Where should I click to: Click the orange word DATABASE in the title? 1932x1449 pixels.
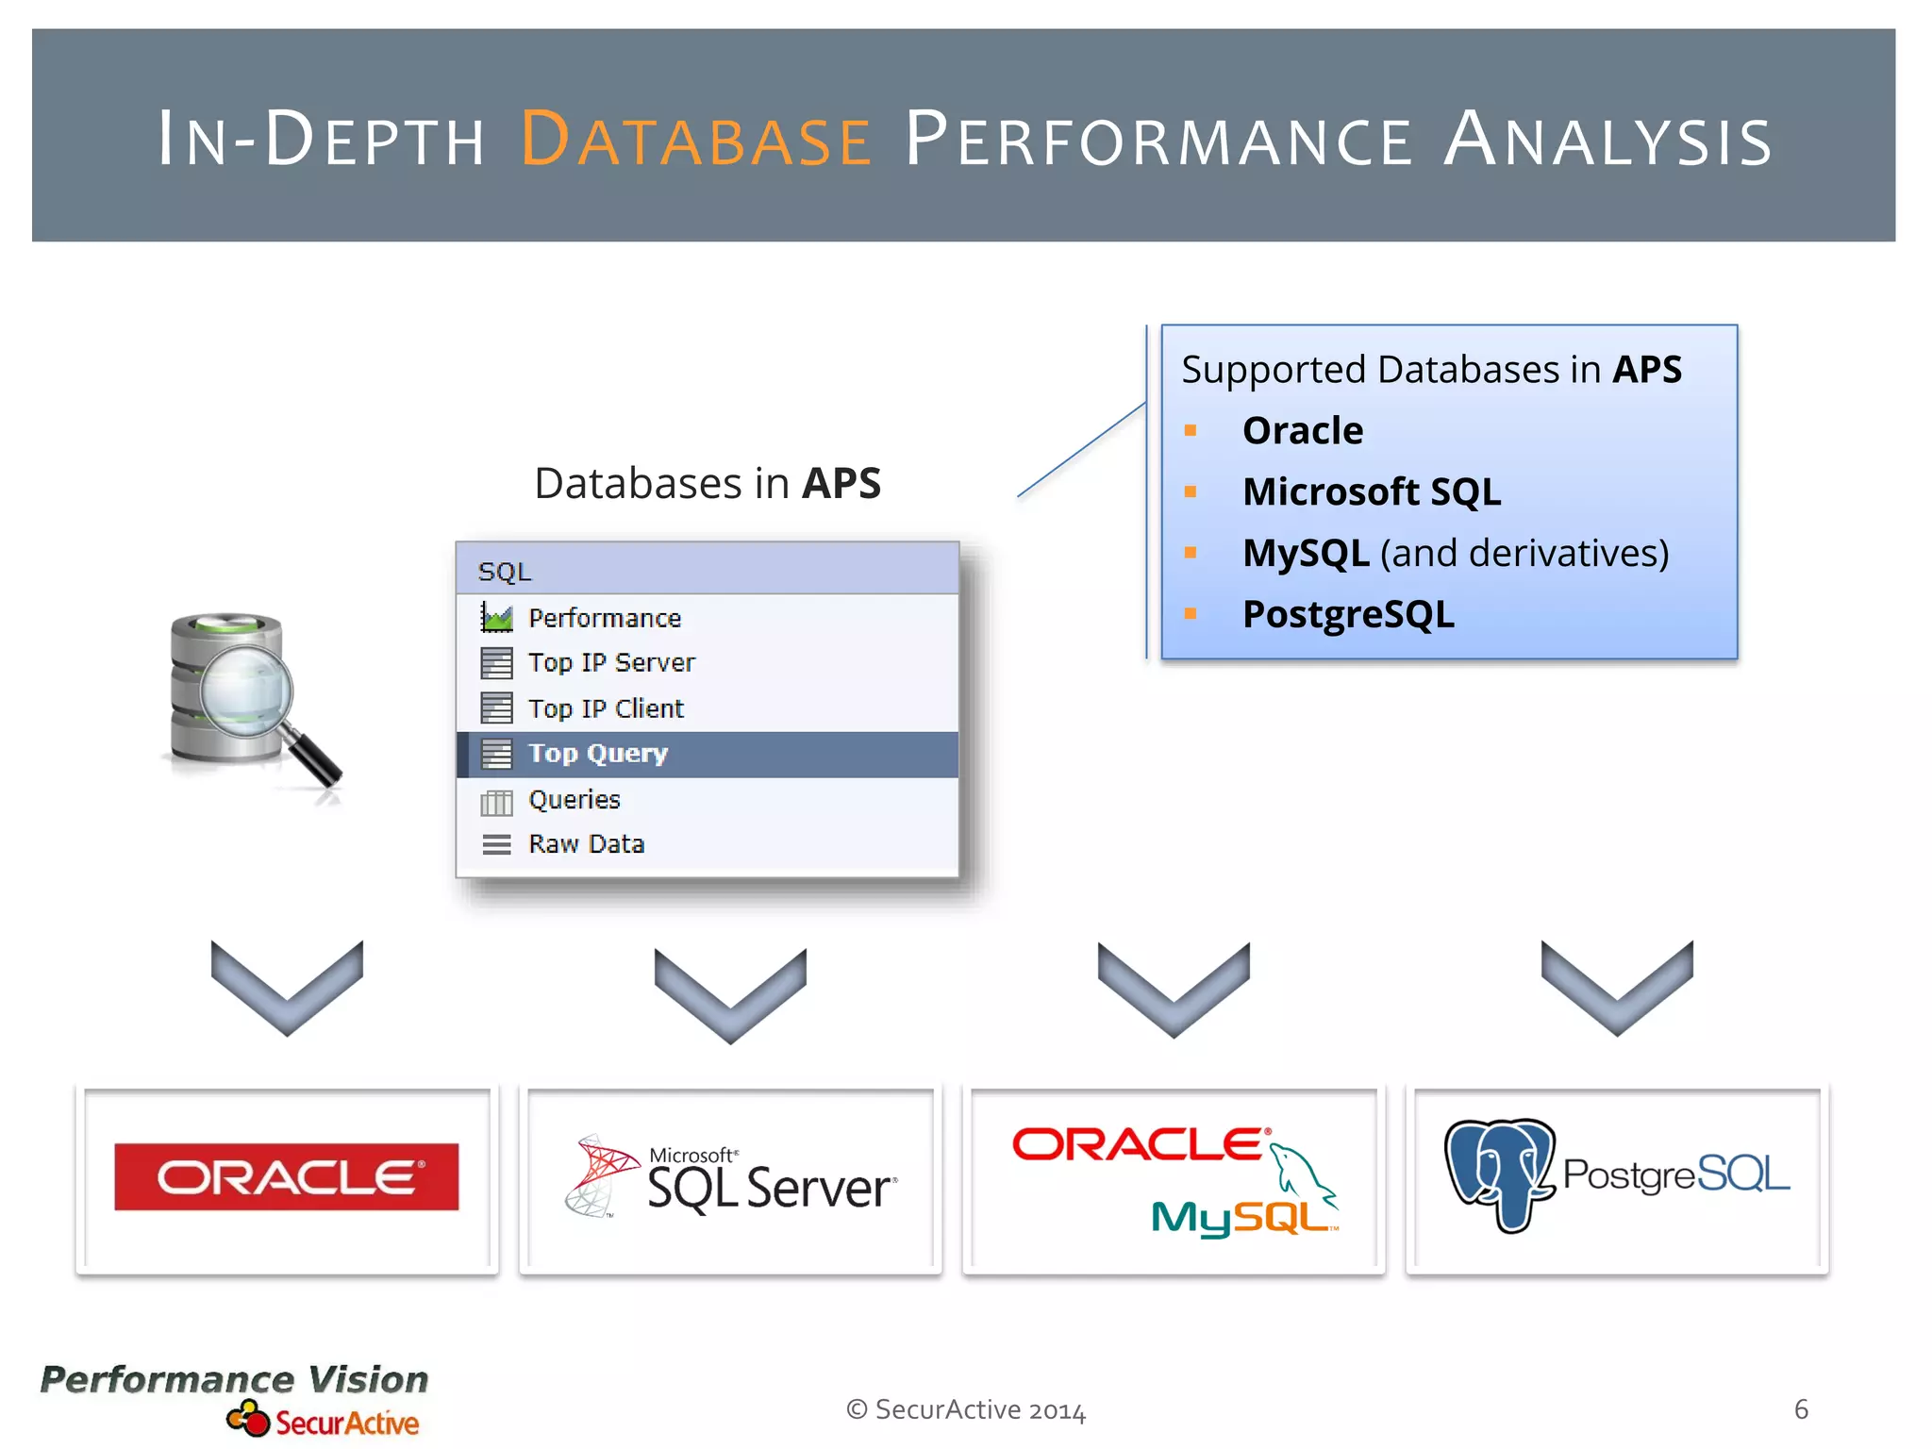point(696,140)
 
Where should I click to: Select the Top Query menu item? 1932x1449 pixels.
point(597,754)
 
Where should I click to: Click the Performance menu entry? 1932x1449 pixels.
point(604,618)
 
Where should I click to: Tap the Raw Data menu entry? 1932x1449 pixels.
point(586,843)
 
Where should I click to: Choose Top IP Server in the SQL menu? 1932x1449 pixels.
point(610,662)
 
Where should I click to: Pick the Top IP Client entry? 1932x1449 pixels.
point(605,708)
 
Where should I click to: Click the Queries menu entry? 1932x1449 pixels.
point(574,800)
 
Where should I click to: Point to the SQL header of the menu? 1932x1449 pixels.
point(505,571)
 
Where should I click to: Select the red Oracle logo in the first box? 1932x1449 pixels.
point(287,1176)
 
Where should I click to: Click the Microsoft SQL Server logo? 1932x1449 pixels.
point(731,1179)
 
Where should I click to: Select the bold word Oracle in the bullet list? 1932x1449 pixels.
point(1302,430)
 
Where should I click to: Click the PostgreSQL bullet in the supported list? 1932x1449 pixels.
point(1347,614)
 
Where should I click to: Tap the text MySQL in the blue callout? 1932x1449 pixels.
point(1306,553)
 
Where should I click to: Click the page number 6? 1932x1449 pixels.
point(1800,1409)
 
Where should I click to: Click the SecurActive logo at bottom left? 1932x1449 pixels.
point(324,1421)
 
